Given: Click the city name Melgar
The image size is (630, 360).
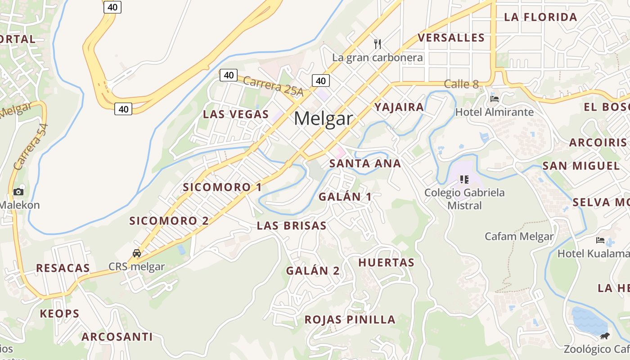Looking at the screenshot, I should point(323,119).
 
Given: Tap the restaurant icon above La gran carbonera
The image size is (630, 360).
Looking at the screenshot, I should point(378,44).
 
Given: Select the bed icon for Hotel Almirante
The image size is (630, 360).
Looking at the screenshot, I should point(495,99).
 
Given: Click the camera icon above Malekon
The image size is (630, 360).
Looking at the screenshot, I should point(18,192).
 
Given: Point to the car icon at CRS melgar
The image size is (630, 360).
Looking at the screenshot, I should point(137,253).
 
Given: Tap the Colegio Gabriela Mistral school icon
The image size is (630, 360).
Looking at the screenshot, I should point(464,180).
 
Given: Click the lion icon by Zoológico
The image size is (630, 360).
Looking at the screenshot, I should point(605,336).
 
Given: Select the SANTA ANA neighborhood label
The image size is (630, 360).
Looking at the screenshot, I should point(365,163).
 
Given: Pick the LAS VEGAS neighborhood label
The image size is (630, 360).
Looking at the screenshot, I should point(235,114).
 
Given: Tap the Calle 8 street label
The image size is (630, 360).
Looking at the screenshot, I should point(461,84).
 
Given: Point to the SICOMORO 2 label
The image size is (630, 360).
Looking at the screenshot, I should point(169,221).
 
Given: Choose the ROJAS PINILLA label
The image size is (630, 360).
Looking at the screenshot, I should point(350,320).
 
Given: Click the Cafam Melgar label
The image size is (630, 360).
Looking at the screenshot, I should point(519,236).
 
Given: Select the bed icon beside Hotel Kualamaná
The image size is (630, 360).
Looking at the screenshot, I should point(600,240).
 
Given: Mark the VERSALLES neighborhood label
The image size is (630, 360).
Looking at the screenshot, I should point(451,38).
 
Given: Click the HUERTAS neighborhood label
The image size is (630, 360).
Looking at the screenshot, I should point(386,263).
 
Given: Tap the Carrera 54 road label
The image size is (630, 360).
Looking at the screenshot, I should point(31,147).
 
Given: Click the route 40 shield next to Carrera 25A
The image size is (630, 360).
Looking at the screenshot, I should point(229,75).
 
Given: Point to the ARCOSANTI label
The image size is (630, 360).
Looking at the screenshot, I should point(117,337).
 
